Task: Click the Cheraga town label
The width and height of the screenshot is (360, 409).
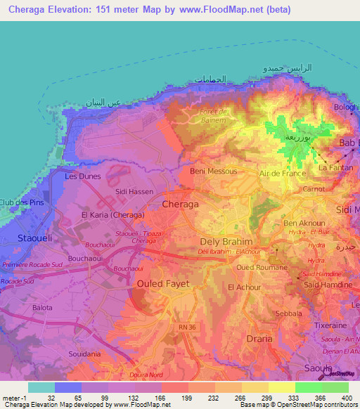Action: (x=180, y=203)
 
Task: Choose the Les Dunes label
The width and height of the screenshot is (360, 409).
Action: (x=83, y=176)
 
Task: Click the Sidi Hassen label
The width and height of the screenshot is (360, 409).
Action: (x=134, y=191)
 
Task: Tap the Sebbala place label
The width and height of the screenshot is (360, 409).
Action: (x=288, y=313)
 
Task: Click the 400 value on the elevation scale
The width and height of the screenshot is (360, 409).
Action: (x=346, y=397)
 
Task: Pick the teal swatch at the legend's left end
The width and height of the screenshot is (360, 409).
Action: (x=41, y=387)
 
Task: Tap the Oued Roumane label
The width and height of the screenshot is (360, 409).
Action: (x=262, y=267)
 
